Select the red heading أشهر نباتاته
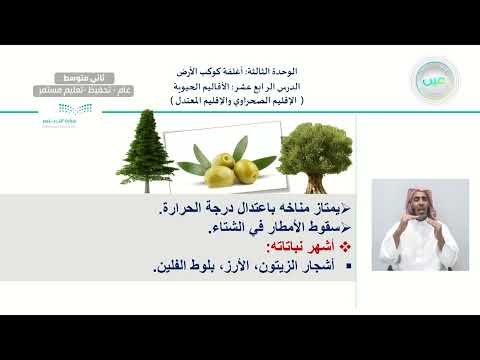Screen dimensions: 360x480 [302, 247]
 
